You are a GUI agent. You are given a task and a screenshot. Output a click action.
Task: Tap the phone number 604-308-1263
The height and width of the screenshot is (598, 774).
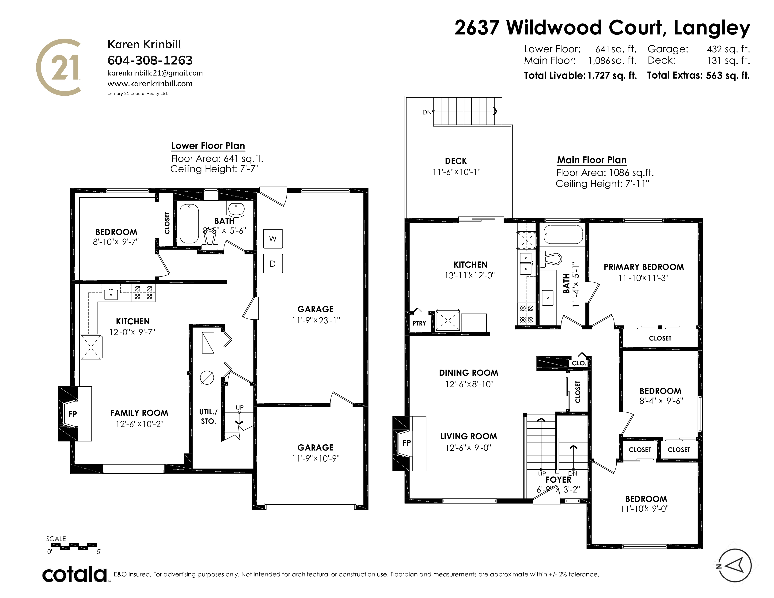click(x=150, y=60)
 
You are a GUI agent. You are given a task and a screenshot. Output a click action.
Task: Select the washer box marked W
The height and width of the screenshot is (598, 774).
click(x=273, y=238)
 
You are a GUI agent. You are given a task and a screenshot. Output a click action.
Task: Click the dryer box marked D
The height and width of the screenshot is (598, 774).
click(x=273, y=264)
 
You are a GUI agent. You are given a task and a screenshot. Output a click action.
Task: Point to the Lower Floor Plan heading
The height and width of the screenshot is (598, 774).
click(x=208, y=146)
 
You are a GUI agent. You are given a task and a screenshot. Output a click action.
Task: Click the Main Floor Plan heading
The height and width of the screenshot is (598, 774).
click(x=592, y=160)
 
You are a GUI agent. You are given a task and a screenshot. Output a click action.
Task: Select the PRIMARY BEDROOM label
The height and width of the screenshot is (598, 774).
click(x=644, y=267)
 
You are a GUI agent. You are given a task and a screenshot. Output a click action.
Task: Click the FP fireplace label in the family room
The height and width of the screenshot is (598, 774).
click(x=73, y=414)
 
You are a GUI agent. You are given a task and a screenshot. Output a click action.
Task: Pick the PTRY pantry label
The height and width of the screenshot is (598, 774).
click(x=419, y=323)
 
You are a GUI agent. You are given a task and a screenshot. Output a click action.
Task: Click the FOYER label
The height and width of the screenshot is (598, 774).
click(x=558, y=480)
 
